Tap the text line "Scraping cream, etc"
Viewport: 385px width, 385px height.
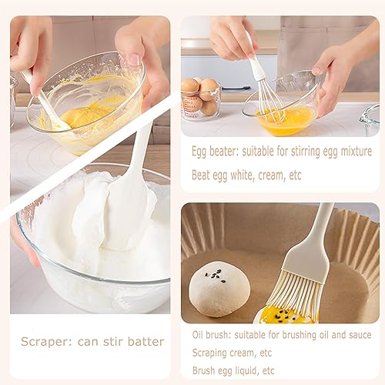click(232, 353)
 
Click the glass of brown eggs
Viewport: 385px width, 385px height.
click(200, 98)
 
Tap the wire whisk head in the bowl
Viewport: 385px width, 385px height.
click(268, 100)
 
